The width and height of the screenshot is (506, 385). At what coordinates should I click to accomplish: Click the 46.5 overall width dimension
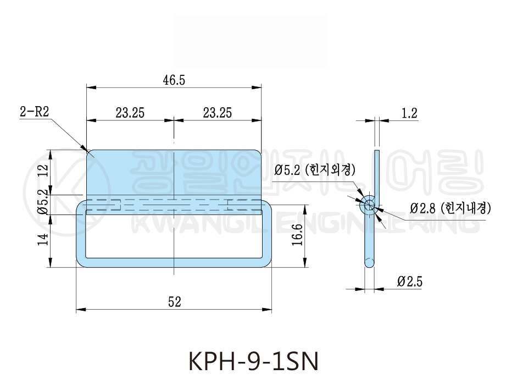174,80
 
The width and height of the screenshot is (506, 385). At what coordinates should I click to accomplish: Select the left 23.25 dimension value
130,113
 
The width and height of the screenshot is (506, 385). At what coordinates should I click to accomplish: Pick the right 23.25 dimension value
217,113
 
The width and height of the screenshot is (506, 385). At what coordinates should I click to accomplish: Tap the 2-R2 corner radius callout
34,112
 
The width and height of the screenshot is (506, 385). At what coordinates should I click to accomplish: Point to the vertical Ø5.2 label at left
43,202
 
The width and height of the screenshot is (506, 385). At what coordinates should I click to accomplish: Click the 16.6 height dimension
297,234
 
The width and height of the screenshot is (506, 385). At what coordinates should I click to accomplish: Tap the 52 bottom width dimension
175,301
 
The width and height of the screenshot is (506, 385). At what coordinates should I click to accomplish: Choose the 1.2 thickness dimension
409,113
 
